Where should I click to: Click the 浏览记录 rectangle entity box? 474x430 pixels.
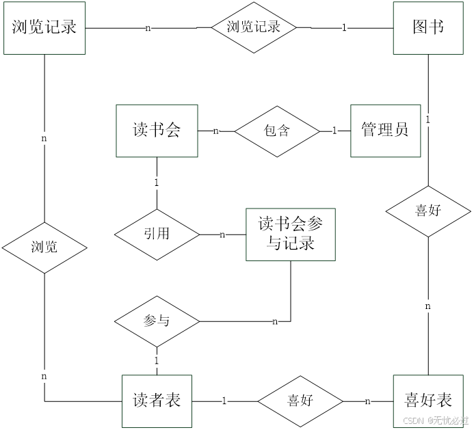click(x=44, y=28)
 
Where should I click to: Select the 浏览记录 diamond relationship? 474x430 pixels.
click(x=254, y=27)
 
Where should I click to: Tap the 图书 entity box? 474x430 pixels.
click(x=428, y=28)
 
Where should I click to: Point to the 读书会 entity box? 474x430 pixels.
click(x=157, y=131)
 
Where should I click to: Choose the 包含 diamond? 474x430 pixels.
click(x=277, y=131)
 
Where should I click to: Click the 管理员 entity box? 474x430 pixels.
click(x=385, y=130)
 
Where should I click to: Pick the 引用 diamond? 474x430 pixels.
click(x=157, y=234)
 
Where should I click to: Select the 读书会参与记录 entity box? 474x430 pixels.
click(x=291, y=234)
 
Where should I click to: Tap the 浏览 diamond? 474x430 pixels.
click(x=44, y=247)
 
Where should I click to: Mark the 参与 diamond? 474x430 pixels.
click(x=157, y=321)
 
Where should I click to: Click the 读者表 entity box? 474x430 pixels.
click(x=157, y=400)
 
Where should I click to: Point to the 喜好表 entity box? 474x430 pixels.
click(x=428, y=400)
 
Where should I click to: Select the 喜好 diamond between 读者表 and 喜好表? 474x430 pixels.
click(x=300, y=401)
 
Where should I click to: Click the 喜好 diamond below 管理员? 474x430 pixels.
click(x=428, y=211)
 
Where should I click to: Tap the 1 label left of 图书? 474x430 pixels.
click(x=344, y=28)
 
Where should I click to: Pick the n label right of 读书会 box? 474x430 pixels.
click(x=216, y=131)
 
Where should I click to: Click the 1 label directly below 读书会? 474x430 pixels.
click(x=157, y=183)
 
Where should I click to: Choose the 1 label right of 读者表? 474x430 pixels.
click(x=224, y=401)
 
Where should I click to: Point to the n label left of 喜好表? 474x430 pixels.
click(x=368, y=401)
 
